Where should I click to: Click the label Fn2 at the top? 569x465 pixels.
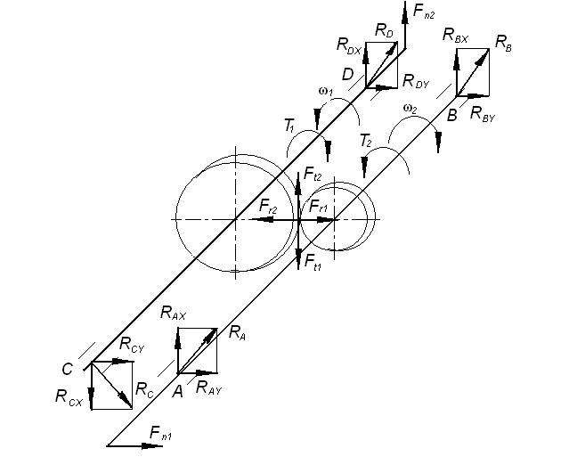coord(425,13)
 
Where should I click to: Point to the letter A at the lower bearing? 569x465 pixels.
coord(177,389)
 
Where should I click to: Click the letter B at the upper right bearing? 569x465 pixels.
coord(451,114)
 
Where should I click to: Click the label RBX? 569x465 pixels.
coord(457,36)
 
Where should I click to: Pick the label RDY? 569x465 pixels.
coord(416,82)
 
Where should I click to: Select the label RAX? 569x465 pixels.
coord(174,313)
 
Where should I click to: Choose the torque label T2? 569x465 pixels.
coord(365,140)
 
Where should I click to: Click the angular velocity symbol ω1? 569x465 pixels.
coord(324,92)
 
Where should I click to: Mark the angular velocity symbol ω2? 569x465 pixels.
coord(410,109)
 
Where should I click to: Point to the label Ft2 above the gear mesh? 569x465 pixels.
coord(312,175)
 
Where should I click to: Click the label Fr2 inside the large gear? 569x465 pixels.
coord(268,206)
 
